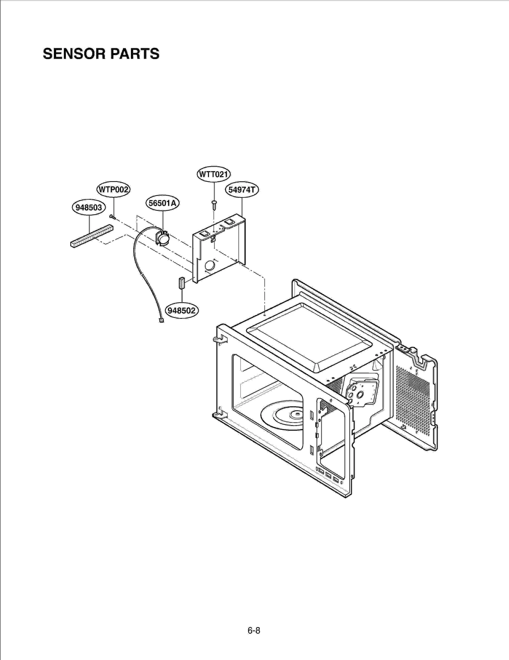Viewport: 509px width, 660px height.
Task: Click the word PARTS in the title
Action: pos(135,53)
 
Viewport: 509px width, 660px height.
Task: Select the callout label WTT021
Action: pos(213,174)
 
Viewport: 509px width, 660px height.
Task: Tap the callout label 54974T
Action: pos(242,190)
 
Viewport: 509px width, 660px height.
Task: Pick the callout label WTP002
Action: pos(114,190)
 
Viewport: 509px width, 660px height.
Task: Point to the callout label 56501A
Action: pos(163,203)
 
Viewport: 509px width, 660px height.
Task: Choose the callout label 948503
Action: pos(89,208)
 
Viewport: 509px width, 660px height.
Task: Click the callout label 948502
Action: pos(182,310)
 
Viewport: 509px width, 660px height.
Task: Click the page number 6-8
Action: pos(254,630)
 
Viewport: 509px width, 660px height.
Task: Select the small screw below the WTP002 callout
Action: pos(112,216)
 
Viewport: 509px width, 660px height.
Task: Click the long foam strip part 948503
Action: pos(92,236)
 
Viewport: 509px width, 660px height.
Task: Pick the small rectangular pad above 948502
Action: pos(182,282)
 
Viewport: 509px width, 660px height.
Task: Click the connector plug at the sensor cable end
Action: pos(161,321)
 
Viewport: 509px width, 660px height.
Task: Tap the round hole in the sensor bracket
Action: pos(210,265)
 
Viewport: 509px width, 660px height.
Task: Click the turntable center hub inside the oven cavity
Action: pos(296,414)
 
